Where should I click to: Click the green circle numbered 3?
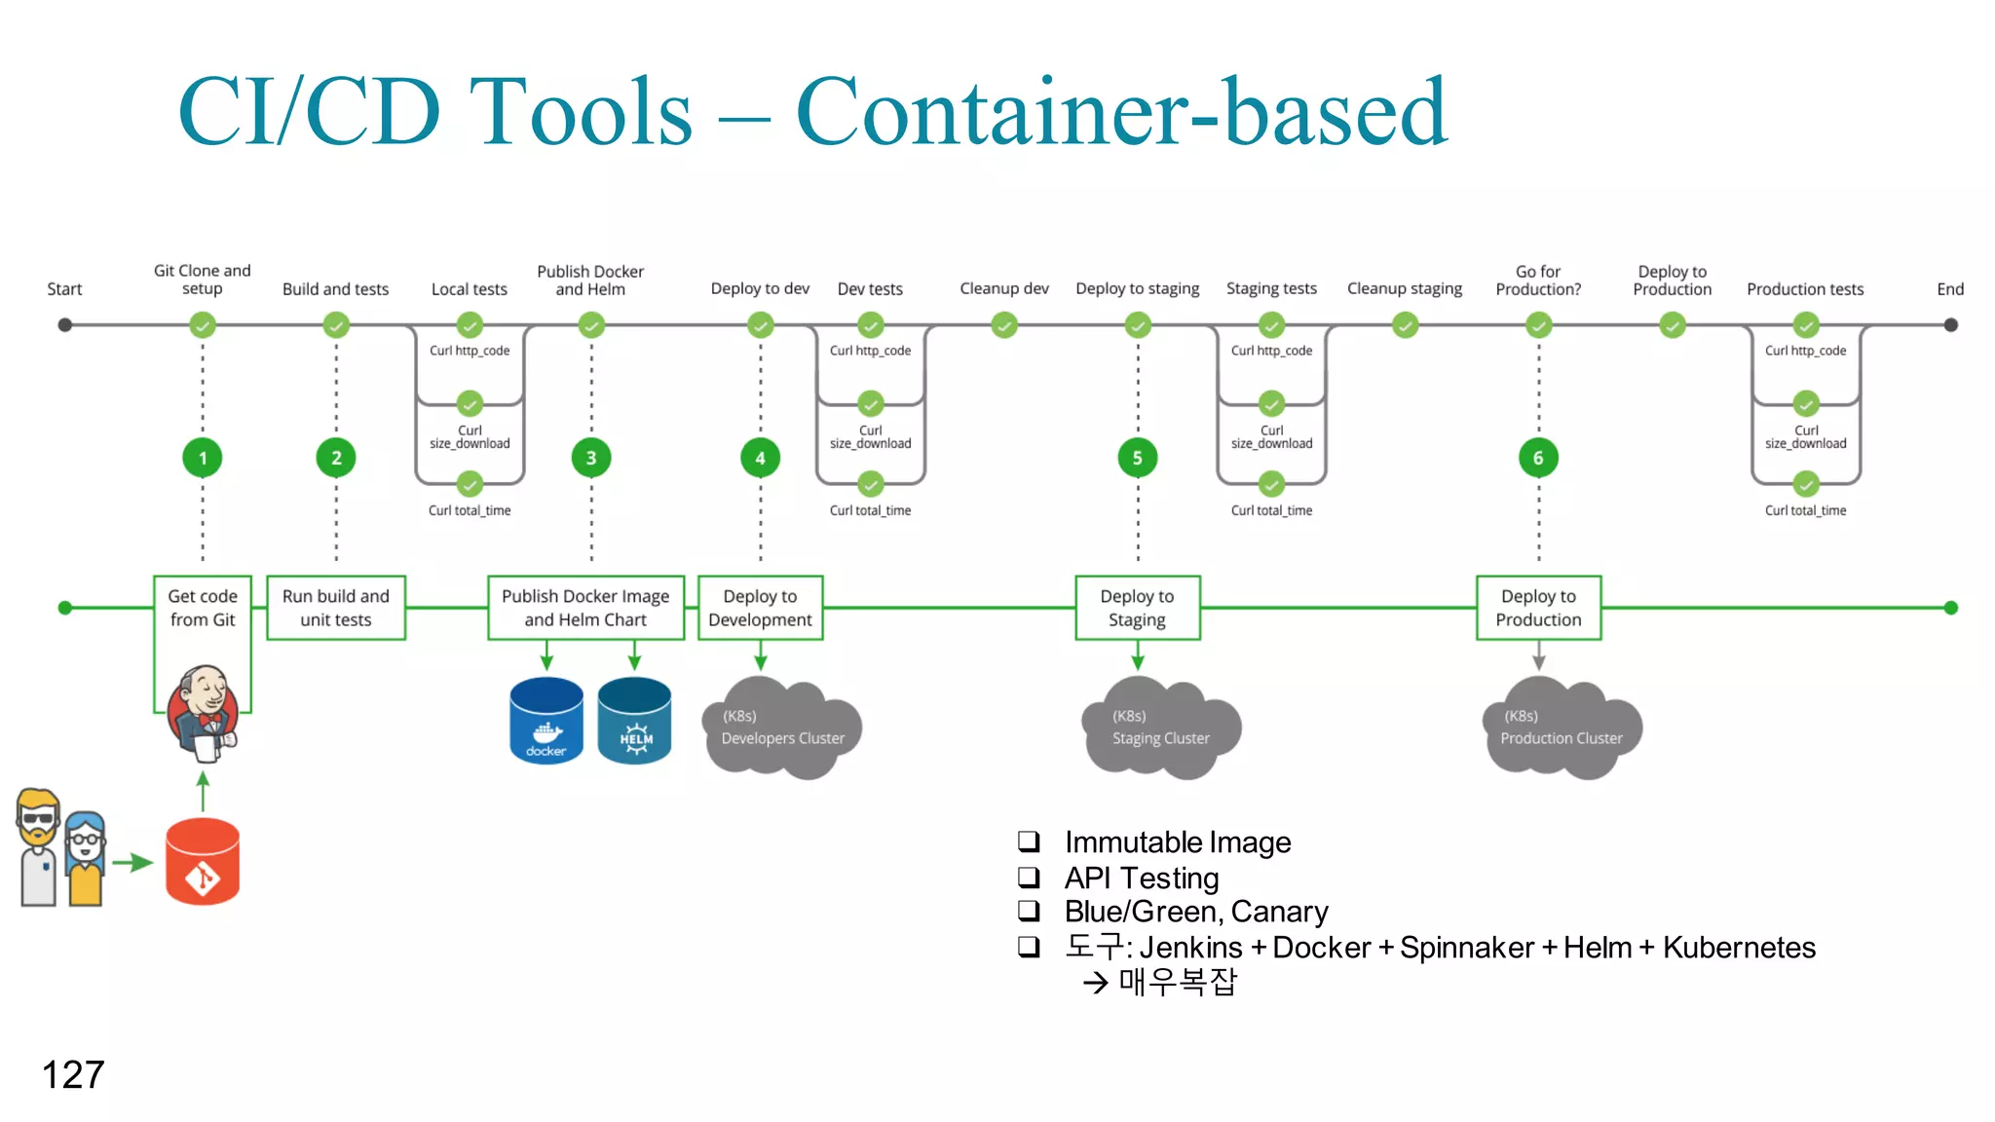point(590,458)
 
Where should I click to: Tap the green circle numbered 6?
point(1538,458)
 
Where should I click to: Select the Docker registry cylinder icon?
point(546,721)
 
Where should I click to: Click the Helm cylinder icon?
point(635,721)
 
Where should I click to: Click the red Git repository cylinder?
point(203,862)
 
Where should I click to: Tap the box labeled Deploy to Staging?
point(1137,608)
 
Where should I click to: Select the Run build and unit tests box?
point(336,608)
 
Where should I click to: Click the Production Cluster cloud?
point(1561,729)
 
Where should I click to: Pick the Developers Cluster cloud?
point(782,729)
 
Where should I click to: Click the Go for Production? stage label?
point(1538,280)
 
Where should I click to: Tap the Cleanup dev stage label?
point(1003,288)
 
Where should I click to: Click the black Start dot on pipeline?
point(65,325)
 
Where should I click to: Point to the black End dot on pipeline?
point(1950,325)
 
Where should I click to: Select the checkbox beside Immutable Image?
point(1029,841)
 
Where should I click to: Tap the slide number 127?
point(73,1075)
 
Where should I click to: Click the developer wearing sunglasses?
point(39,847)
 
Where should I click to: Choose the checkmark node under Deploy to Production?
point(1672,325)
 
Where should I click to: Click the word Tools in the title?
point(581,113)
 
